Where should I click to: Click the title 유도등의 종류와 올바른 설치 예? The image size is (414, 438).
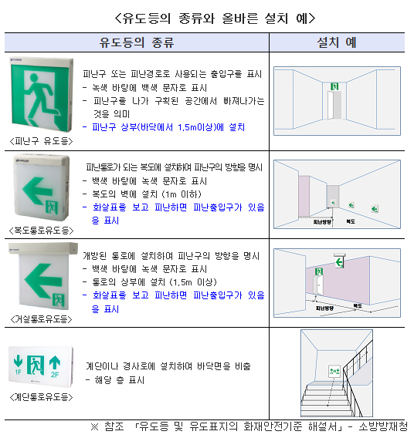point(215,19)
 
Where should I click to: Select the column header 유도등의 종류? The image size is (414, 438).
point(137,42)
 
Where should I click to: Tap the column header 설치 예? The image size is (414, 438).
point(337,42)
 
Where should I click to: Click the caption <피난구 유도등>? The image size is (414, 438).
point(41,141)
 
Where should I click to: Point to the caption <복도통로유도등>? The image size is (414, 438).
point(41,231)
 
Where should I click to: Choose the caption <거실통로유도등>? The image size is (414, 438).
point(41,319)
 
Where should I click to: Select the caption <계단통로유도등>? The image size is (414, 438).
point(41,397)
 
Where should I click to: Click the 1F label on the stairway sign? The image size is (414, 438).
point(19,372)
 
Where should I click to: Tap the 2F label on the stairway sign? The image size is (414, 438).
point(55,374)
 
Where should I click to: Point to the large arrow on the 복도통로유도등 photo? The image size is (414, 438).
point(37,190)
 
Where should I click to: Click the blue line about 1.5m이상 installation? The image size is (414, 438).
point(164,127)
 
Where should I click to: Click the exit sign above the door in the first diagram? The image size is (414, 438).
point(334,86)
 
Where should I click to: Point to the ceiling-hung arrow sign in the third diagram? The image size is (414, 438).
point(340,261)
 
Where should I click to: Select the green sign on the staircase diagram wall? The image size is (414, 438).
point(334,371)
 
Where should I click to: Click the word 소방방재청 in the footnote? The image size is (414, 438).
point(383,426)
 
